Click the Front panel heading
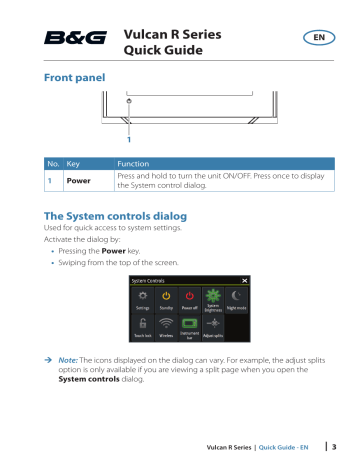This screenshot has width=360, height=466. coord(72,76)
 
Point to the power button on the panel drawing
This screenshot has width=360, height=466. coord(129,102)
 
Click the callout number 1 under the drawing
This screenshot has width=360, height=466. coord(129,138)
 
